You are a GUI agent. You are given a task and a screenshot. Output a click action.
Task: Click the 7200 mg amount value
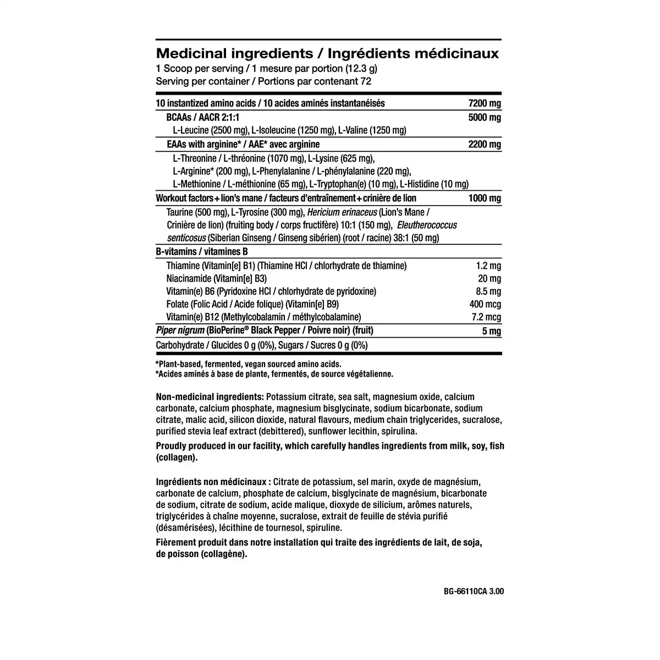[x=484, y=103]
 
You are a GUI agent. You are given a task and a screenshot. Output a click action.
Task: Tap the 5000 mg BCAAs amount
[x=484, y=118]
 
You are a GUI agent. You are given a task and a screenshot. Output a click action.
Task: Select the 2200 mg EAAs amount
[x=484, y=145]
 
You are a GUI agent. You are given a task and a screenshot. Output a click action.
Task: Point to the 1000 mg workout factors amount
[x=484, y=199]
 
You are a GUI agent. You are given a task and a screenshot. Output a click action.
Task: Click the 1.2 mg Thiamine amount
[x=488, y=266]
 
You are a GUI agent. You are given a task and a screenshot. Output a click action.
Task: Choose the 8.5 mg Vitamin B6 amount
[x=488, y=291]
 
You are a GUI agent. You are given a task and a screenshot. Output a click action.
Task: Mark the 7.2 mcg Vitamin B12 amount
[x=486, y=317]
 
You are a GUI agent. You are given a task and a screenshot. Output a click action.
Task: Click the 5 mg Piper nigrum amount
[x=491, y=331]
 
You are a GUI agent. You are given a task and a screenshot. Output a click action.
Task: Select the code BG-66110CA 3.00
[x=473, y=592]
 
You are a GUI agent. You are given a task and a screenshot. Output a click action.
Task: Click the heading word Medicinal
[x=191, y=53]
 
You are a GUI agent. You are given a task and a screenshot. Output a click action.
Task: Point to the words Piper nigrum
[x=180, y=331]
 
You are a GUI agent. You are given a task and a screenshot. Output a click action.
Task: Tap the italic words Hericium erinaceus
[x=342, y=212]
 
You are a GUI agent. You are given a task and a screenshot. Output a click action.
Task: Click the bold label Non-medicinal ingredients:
[x=210, y=397]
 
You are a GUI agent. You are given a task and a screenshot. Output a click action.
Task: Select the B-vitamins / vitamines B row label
[x=202, y=252]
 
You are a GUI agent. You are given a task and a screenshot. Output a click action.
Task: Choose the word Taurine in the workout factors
[x=179, y=212]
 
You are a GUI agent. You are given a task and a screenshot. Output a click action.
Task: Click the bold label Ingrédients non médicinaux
[x=213, y=481]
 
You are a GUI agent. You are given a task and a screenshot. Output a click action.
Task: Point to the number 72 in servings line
[x=366, y=81]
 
